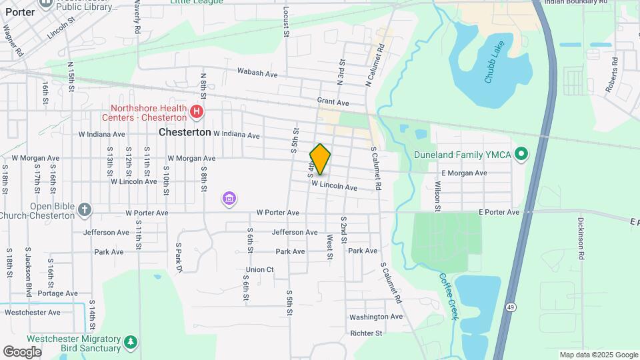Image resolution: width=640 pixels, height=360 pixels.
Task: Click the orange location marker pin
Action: pos(321,159)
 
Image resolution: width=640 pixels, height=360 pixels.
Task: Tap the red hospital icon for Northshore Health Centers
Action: pos(197,111)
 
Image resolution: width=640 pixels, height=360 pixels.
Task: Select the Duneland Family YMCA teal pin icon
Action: pos(522,155)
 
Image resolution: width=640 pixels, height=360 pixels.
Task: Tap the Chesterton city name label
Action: pos(185,132)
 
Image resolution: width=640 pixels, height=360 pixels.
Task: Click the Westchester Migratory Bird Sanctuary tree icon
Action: pos(131,343)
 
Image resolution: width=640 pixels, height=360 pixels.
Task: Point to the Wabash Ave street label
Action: pos(257,73)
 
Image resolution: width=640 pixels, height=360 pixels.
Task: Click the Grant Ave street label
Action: pos(333,103)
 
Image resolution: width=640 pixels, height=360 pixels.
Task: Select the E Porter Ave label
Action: pos(499,212)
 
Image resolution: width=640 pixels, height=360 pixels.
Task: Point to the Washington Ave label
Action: pos(376,317)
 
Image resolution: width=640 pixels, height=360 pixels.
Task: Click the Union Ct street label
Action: pos(259,269)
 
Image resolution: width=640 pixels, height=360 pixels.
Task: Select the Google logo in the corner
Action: pos(22,351)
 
